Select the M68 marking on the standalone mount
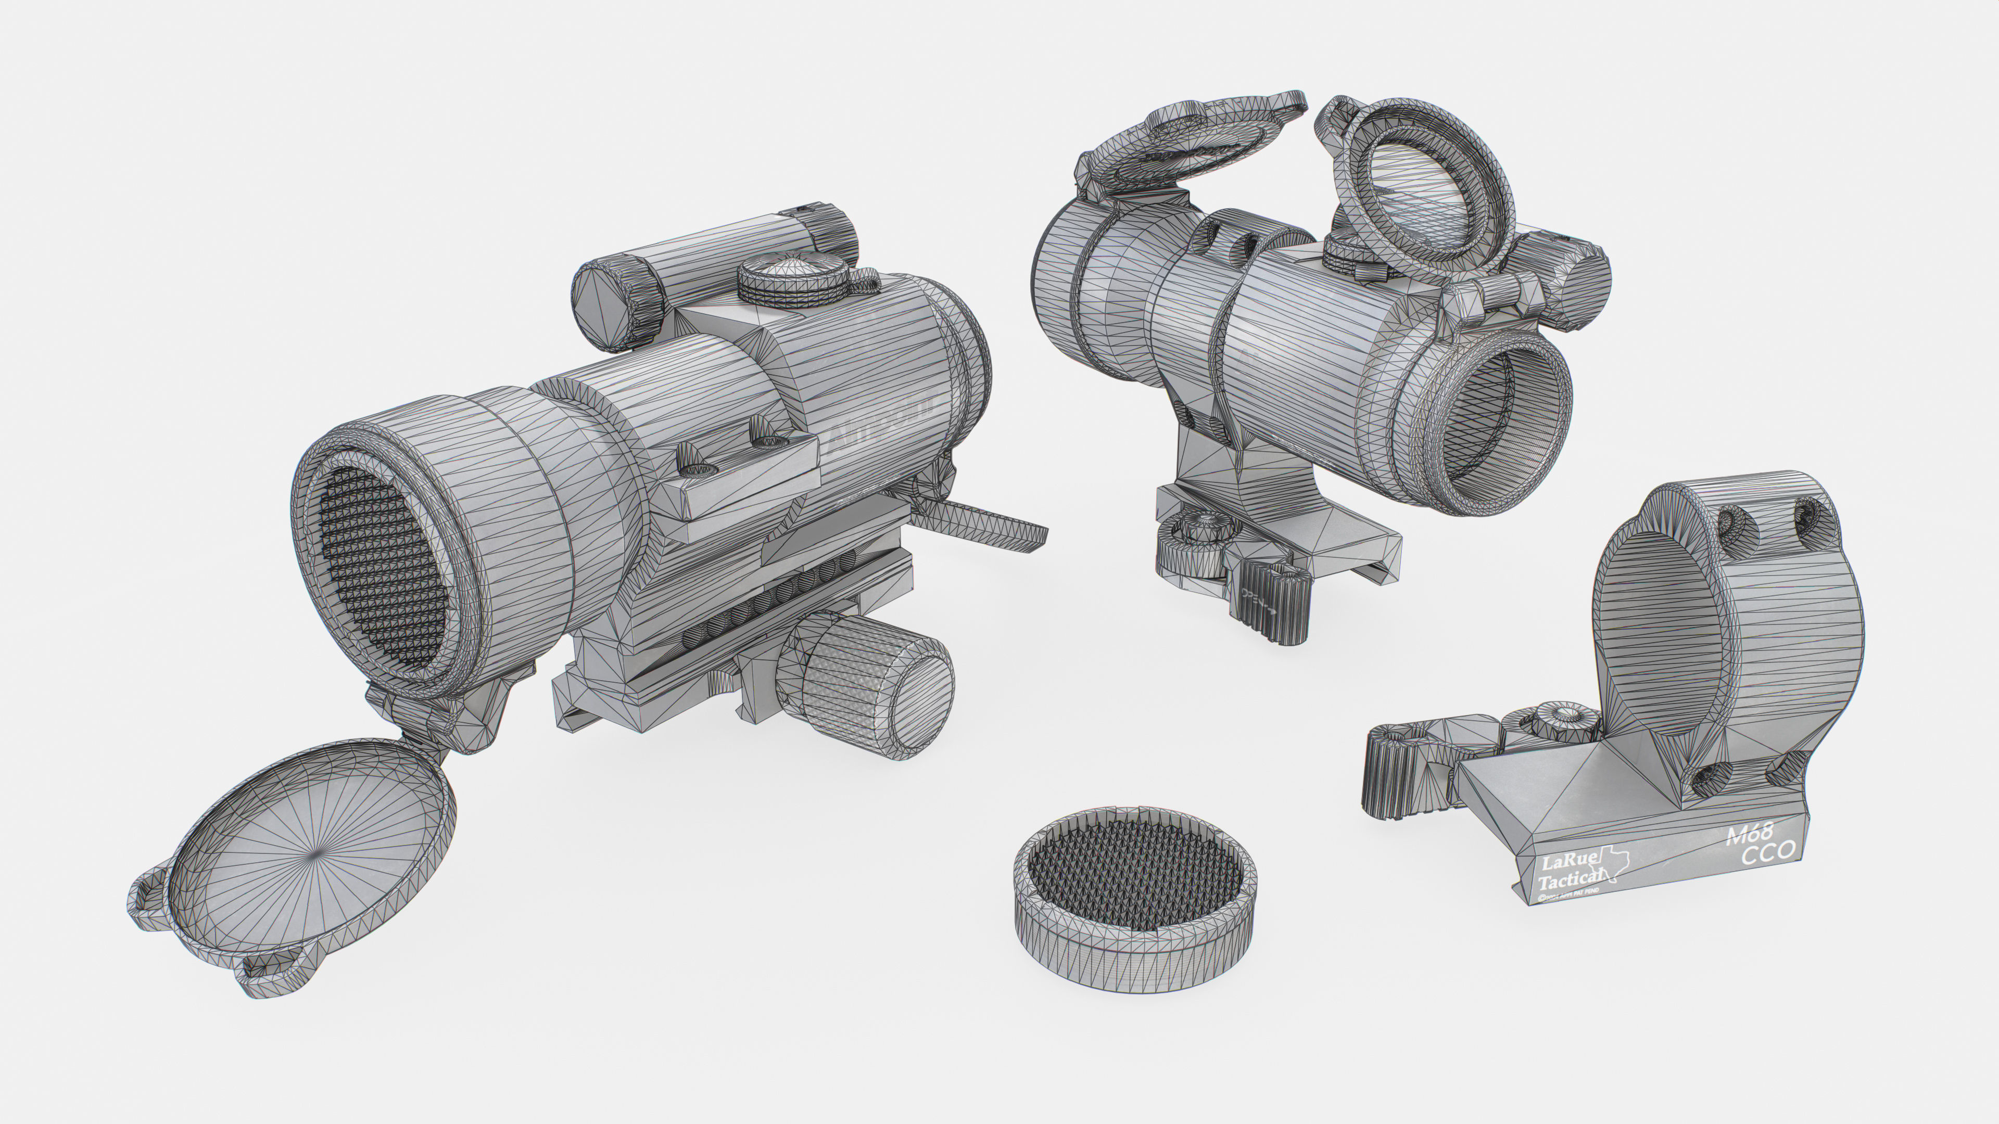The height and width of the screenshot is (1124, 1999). [x=1749, y=835]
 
